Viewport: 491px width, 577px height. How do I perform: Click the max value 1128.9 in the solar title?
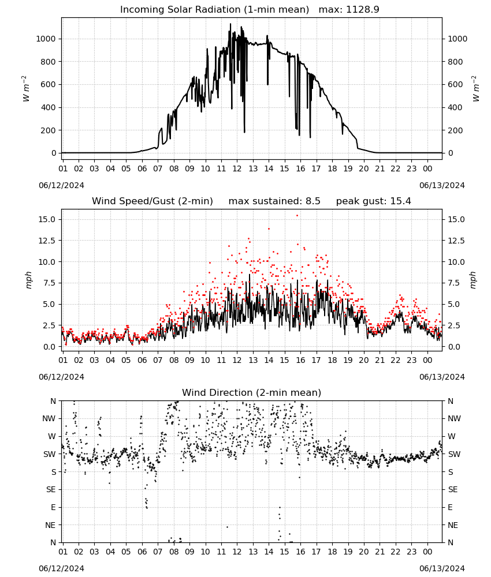tap(362, 9)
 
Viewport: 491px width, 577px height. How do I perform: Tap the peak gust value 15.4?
tap(401, 201)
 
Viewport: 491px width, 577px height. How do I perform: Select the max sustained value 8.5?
tap(313, 201)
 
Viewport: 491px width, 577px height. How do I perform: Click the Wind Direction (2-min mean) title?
tap(252, 392)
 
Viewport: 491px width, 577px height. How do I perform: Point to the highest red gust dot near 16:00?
tap(297, 216)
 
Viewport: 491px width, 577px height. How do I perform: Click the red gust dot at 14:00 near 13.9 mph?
tap(269, 228)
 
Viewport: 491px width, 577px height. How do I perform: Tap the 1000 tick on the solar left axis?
tap(46, 39)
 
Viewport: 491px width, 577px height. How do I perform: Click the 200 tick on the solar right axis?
tap(455, 130)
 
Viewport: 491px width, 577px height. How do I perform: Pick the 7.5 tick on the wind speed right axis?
tap(454, 283)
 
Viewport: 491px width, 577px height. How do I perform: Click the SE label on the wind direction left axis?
tap(51, 489)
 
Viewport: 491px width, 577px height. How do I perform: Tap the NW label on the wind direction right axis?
tap(454, 418)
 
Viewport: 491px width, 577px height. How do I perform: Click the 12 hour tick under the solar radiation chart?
tap(237, 168)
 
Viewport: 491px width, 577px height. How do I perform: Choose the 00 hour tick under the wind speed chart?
tap(427, 360)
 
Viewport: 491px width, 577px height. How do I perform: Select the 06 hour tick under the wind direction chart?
tap(142, 552)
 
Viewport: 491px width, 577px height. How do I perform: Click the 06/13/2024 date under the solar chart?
tap(442, 185)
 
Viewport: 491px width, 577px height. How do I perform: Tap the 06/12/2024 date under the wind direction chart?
tap(61, 568)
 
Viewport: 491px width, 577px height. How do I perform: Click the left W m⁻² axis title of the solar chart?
tap(26, 88)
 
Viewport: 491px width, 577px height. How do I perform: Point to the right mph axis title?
tap(473, 280)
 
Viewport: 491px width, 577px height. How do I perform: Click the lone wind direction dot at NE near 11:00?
tap(227, 527)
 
